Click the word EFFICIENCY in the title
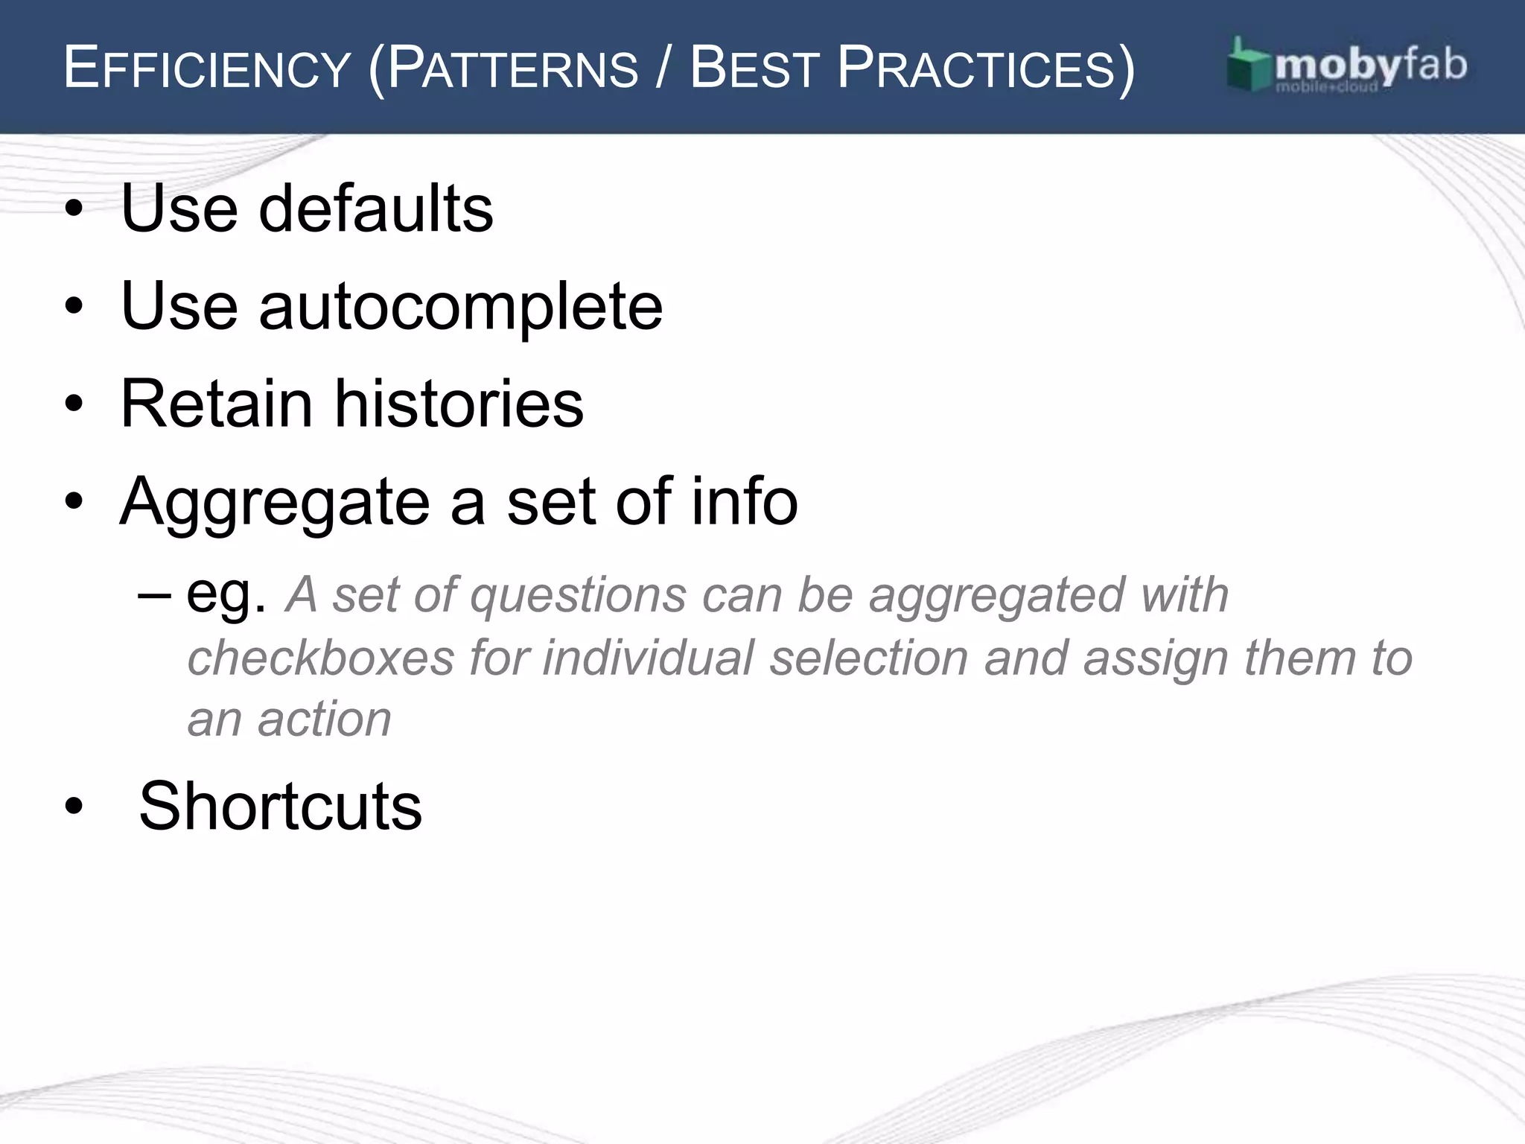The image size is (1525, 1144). [x=206, y=69]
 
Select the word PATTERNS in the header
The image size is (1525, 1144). [x=513, y=69]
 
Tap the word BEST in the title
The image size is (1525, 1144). [x=754, y=69]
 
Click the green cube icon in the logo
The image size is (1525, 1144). [x=1248, y=66]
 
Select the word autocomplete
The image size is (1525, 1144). [x=460, y=307]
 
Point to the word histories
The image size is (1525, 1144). [x=459, y=404]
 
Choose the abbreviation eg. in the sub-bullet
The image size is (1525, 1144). [x=226, y=596]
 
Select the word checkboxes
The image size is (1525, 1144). [x=320, y=658]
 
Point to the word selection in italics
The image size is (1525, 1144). [x=868, y=658]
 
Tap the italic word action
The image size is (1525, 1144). [x=324, y=719]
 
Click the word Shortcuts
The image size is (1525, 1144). [x=280, y=806]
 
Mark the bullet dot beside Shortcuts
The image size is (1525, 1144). [x=74, y=807]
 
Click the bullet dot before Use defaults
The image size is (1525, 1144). [x=74, y=209]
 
